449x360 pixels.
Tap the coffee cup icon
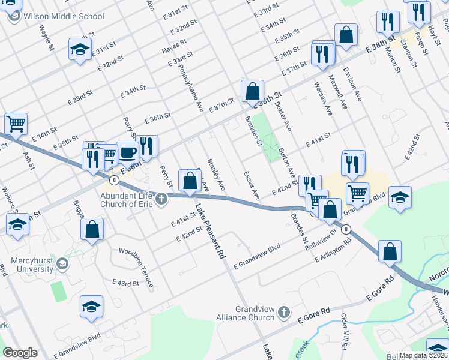tap(127, 152)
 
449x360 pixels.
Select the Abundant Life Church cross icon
tap(160, 199)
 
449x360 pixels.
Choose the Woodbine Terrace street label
tap(136, 266)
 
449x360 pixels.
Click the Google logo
tap(20, 353)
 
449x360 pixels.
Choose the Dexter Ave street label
tap(283, 116)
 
